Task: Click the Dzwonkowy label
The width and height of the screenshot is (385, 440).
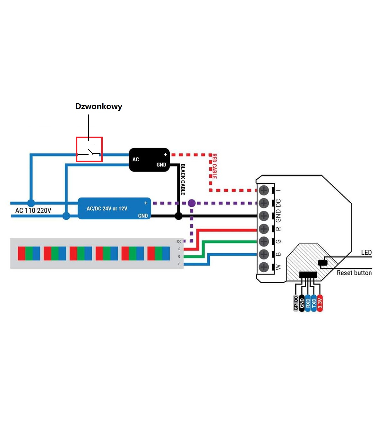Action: (x=98, y=106)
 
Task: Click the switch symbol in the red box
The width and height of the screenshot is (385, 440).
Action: (x=89, y=152)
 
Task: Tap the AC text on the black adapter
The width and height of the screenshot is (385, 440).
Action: (x=135, y=159)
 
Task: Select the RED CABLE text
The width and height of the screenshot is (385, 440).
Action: (x=214, y=166)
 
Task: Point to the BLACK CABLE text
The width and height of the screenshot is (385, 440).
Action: (x=183, y=179)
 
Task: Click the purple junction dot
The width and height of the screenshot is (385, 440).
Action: (x=192, y=203)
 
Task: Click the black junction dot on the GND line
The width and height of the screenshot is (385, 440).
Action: (x=178, y=216)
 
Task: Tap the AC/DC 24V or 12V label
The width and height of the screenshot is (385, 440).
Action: (x=107, y=208)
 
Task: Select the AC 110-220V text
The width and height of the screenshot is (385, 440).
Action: (x=33, y=210)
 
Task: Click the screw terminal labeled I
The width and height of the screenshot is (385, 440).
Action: (x=264, y=190)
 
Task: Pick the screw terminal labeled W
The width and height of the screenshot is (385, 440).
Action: (x=264, y=267)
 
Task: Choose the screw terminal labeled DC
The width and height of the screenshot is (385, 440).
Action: (x=264, y=203)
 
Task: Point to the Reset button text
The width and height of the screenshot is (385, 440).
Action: (x=354, y=273)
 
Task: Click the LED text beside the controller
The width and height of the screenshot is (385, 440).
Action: (x=366, y=252)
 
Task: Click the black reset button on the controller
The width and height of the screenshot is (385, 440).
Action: (x=323, y=263)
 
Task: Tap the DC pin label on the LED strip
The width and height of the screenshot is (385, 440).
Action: (x=179, y=241)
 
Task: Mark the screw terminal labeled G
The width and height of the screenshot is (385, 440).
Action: (x=264, y=241)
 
